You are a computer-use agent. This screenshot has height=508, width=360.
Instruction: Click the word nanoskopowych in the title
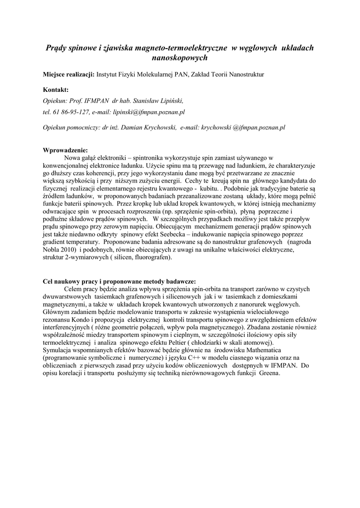[179, 58]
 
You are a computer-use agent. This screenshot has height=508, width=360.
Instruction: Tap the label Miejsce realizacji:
[69, 74]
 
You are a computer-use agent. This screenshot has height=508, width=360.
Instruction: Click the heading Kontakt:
[56, 90]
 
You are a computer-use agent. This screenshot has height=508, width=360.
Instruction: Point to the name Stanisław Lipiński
[149, 100]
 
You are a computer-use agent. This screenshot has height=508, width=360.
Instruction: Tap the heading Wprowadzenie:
[66, 150]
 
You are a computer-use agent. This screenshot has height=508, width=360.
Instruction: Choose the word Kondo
[73, 320]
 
